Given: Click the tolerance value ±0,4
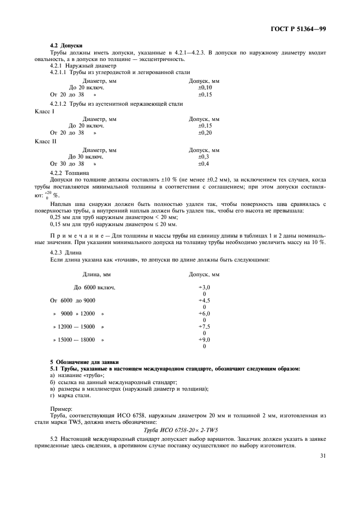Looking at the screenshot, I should click(x=203, y=163).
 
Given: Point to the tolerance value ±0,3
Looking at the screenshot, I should click(x=203, y=156).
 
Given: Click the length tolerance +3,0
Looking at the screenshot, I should click(x=204, y=287).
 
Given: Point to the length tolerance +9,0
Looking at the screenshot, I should click(x=204, y=340).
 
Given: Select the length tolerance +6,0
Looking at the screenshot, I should click(x=204, y=314).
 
